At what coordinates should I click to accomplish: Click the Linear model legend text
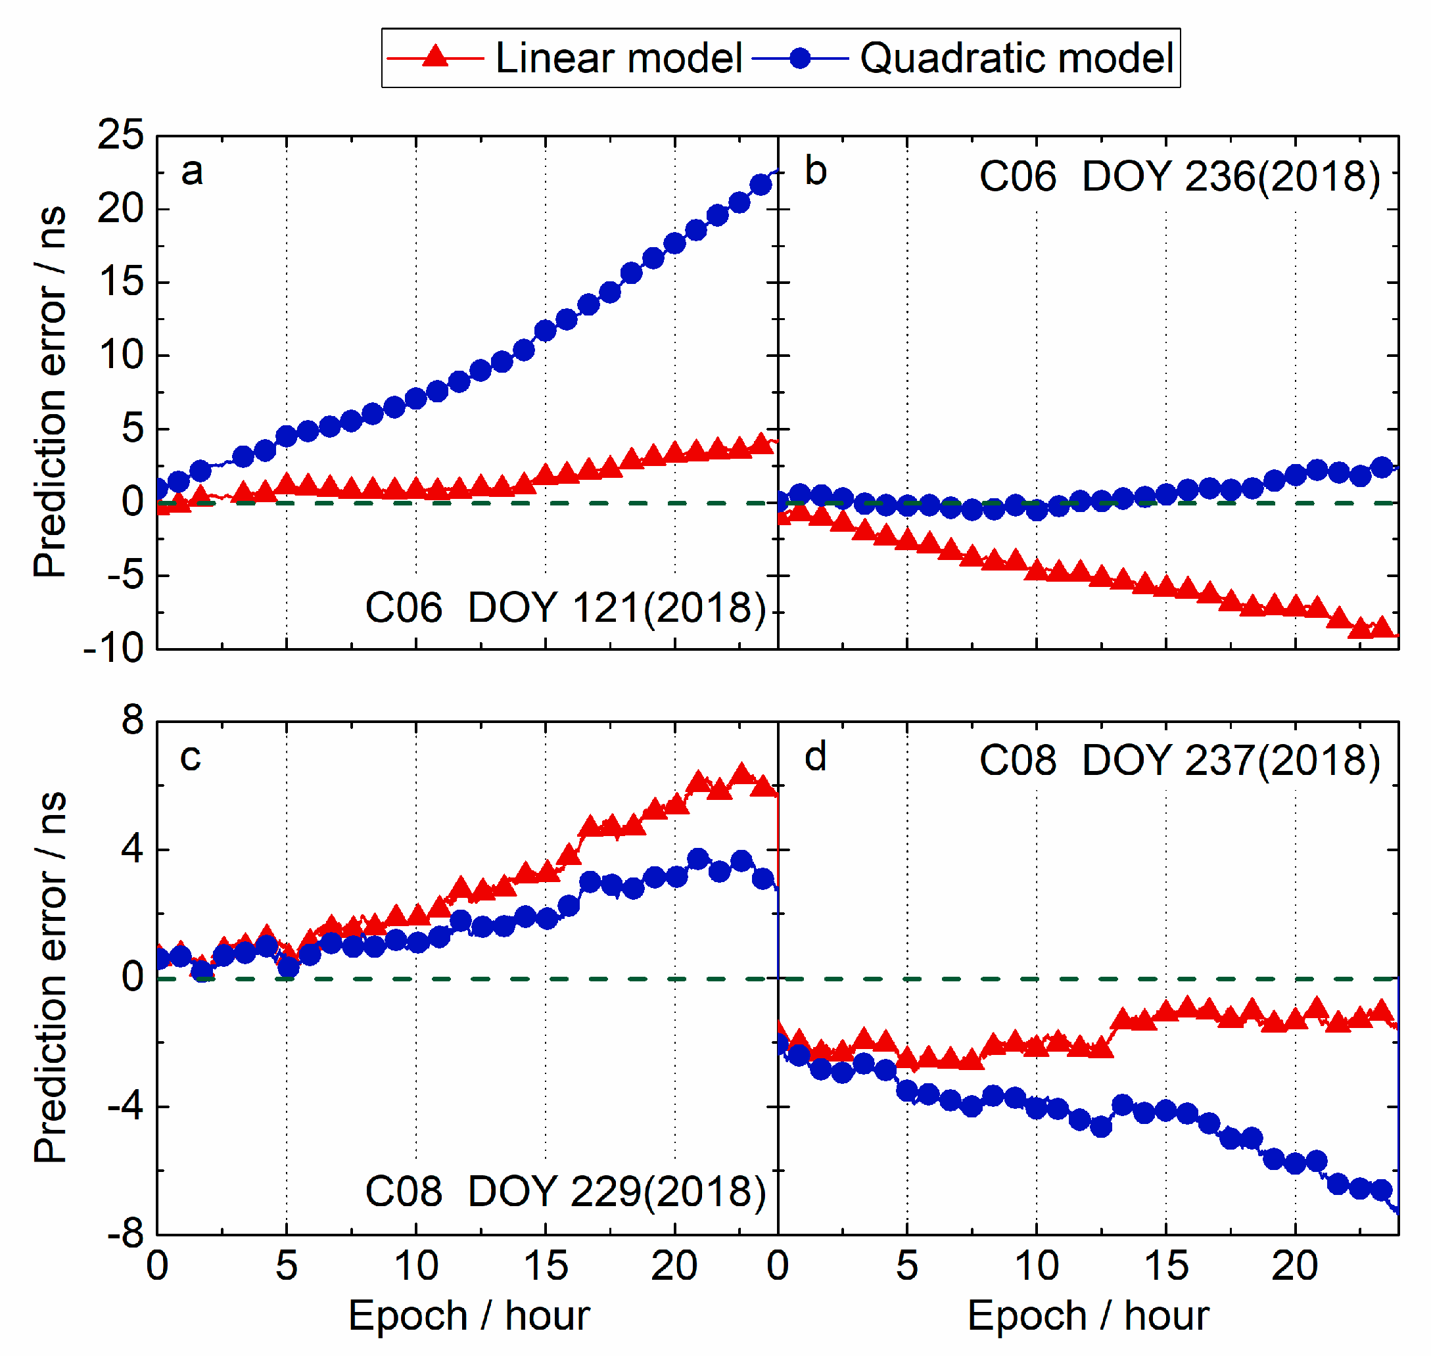coord(619,58)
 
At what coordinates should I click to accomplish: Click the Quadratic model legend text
coord(1016,58)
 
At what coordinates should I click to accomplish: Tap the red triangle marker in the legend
coord(435,57)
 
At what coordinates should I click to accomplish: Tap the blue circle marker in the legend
coord(800,58)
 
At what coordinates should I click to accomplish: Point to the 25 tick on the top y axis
coord(121,135)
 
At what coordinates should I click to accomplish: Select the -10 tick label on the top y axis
coord(114,647)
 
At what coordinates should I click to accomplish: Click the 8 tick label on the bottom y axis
coord(132,720)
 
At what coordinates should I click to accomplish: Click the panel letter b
coord(816,172)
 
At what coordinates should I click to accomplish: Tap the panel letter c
coord(190,757)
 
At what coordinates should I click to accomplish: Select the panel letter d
coord(816,757)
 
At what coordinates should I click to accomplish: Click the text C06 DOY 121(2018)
coord(565,608)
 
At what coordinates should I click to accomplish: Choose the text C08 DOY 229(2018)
coord(565,1192)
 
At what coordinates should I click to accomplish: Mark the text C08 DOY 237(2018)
coord(1179,761)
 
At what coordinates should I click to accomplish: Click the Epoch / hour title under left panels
coord(469,1315)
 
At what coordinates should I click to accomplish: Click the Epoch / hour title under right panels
coord(1088,1315)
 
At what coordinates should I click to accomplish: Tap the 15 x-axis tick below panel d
coord(1165,1267)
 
